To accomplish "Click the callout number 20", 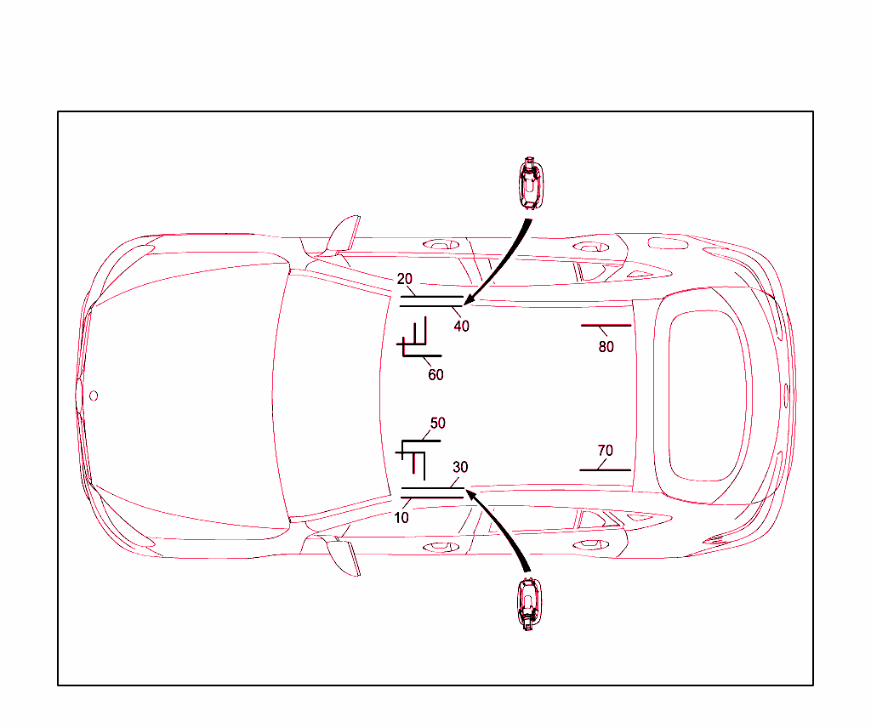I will [x=405, y=279].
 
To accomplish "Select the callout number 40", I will [x=461, y=326].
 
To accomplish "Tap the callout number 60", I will [x=435, y=374].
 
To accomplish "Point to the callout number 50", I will [x=437, y=423].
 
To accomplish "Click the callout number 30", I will [x=460, y=467].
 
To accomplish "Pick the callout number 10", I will [x=402, y=517].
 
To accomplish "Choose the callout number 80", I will [x=606, y=347].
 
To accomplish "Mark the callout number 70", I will [x=605, y=451].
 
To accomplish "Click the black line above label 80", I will [x=606, y=326].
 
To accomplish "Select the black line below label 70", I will [x=605, y=469].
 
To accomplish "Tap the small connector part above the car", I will [x=530, y=183].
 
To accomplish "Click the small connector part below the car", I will [x=529, y=603].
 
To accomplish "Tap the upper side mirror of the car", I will [x=344, y=234].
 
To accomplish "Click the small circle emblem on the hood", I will [x=94, y=395].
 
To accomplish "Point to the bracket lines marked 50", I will [x=417, y=451].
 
